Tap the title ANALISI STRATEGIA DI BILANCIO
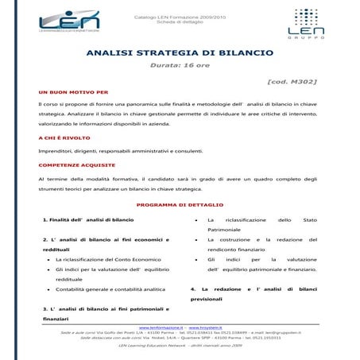[179, 52]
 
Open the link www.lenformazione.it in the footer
[161, 327]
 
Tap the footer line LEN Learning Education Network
[179, 346]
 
